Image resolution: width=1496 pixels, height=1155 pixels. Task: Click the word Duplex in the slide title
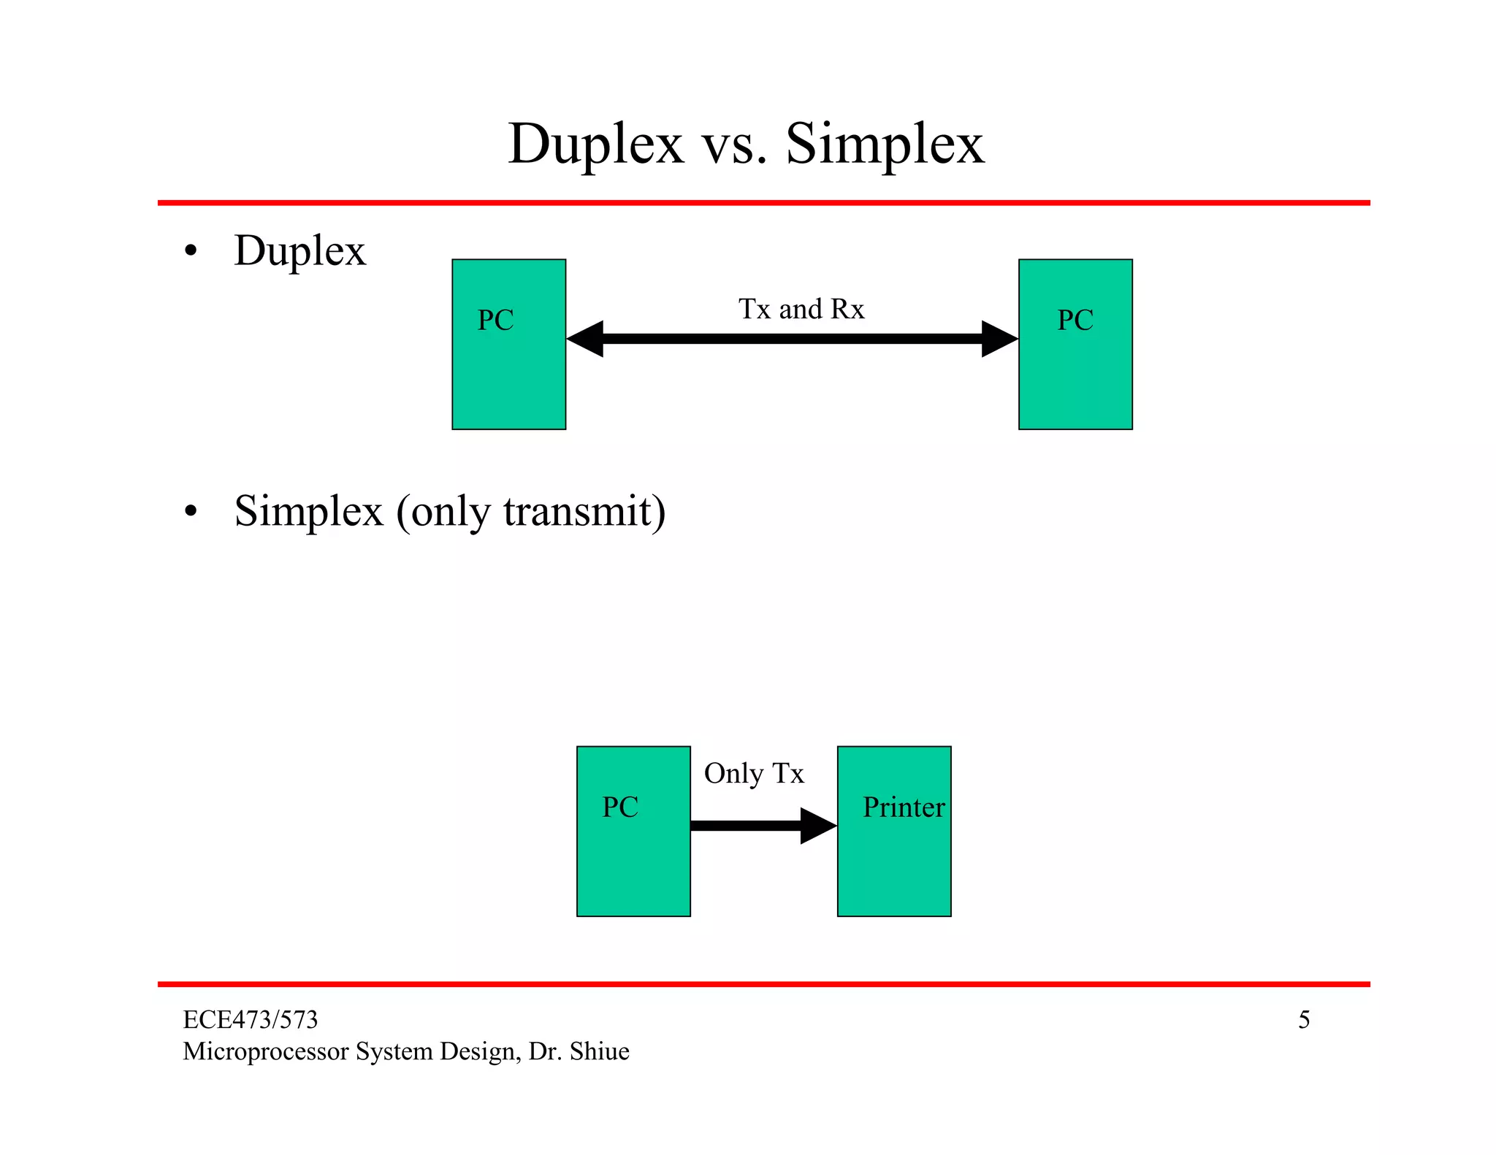(x=595, y=145)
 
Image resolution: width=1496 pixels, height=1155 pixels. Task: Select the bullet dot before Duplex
(x=191, y=252)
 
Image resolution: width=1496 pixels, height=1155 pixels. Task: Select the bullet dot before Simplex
(x=191, y=512)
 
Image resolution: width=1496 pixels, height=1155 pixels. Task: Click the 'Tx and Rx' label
(x=801, y=310)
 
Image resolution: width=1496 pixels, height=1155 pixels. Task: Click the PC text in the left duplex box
(x=495, y=321)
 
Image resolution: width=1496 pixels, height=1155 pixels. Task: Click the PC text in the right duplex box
(x=1075, y=321)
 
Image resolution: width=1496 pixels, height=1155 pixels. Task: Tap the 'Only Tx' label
(x=753, y=774)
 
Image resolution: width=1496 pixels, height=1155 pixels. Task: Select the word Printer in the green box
(x=903, y=807)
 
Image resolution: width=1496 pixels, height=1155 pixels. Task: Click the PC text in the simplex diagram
(x=619, y=807)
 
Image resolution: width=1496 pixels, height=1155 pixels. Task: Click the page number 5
(x=1303, y=1020)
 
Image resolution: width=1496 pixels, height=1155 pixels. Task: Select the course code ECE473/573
(x=250, y=1020)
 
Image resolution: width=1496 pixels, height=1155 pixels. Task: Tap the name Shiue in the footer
(x=599, y=1051)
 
